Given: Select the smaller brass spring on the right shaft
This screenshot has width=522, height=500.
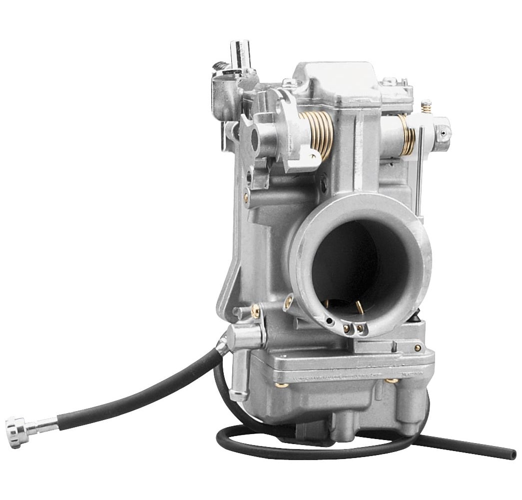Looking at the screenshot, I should click(407, 134).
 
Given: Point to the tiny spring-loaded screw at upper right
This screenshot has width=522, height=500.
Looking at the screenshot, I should click(426, 106).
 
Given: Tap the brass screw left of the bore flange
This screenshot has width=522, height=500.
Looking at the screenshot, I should click(288, 302).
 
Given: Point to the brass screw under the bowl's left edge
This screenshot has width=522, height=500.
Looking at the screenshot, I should click(282, 385).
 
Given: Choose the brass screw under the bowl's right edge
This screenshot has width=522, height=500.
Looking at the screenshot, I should click(392, 381).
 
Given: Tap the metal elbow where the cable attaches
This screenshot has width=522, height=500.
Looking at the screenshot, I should click(223, 346).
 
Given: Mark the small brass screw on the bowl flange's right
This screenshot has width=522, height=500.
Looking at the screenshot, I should click(417, 348).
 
